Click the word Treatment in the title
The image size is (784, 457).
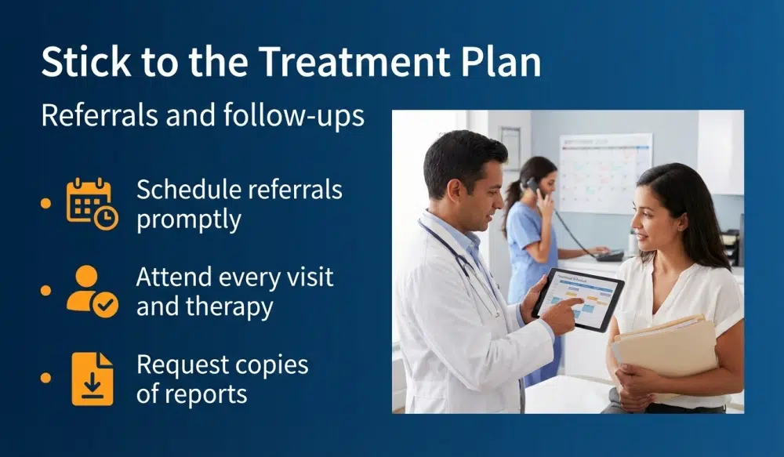click(x=313, y=62)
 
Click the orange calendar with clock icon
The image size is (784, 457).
click(x=92, y=204)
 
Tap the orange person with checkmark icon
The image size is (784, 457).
click(x=92, y=291)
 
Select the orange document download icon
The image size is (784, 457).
click(x=92, y=379)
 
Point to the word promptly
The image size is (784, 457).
click(x=188, y=219)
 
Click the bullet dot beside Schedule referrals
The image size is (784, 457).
click(x=45, y=204)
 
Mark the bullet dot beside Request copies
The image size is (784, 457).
click(x=45, y=379)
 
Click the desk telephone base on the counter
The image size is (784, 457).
click(x=608, y=255)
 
